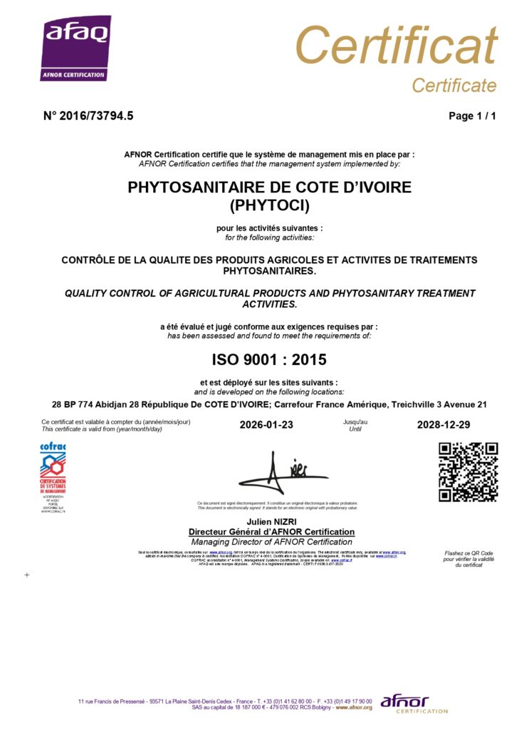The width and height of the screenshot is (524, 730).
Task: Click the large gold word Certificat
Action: [x=396, y=45]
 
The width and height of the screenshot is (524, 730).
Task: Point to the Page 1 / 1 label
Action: [x=472, y=116]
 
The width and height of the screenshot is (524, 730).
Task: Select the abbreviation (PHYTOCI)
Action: [x=269, y=206]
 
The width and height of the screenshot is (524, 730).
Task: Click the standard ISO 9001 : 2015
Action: [x=269, y=359]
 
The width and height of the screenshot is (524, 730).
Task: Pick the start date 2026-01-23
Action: [x=266, y=425]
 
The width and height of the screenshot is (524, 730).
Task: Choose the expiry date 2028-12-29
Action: [x=443, y=425]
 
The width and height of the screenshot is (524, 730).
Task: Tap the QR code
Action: [x=468, y=472]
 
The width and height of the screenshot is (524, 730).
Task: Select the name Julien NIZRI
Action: [x=270, y=523]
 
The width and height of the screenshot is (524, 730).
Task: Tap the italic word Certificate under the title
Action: [x=454, y=86]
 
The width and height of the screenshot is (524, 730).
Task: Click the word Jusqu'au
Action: [x=355, y=422]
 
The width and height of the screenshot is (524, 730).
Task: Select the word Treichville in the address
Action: [x=413, y=404]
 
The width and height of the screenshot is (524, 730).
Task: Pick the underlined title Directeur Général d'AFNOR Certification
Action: [x=271, y=532]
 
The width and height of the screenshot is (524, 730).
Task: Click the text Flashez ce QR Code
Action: [x=468, y=553]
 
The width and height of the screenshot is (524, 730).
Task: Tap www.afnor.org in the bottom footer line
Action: [x=354, y=707]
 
